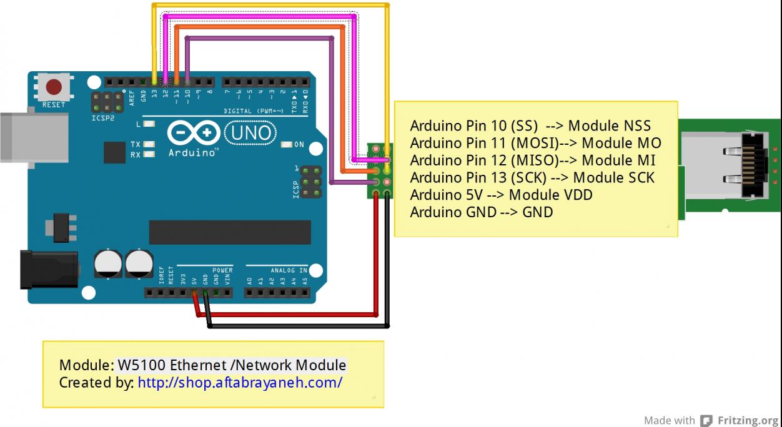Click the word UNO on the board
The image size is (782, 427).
(250, 133)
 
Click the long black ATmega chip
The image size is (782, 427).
(230, 232)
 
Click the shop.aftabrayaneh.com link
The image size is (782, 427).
(240, 382)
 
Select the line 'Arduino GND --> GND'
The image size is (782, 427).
(481, 212)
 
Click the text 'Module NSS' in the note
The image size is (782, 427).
(609, 125)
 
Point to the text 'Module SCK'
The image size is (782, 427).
(613, 178)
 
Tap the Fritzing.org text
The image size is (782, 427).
(748, 420)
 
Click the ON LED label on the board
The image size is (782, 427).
(299, 145)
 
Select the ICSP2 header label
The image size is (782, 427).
(103, 117)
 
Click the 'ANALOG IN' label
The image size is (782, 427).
(289, 270)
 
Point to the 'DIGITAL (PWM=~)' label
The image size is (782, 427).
(255, 111)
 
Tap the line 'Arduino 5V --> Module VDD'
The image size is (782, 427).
(501, 195)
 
